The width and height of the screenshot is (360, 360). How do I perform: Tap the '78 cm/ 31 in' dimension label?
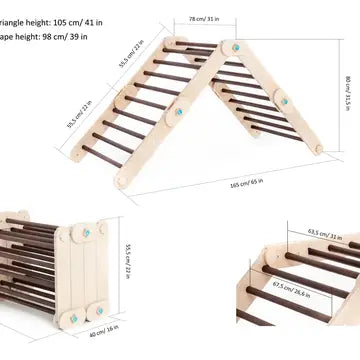pyautogui.click(x=204, y=18)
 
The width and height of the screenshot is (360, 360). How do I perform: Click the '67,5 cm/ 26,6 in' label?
pyautogui.click(x=289, y=288)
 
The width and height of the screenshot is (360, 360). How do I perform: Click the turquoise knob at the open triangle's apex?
pyautogui.click(x=237, y=46)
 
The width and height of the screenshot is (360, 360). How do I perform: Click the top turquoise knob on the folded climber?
pyautogui.click(x=99, y=229)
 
